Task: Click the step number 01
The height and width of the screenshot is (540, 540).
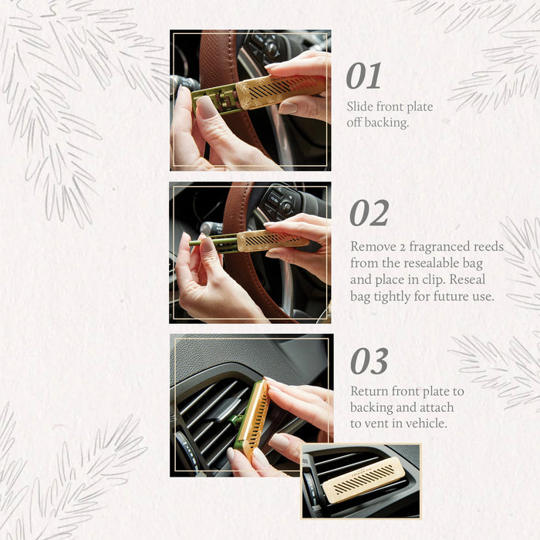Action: (363, 76)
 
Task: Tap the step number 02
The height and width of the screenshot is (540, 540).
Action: (369, 213)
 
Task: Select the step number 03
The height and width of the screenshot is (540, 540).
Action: (369, 361)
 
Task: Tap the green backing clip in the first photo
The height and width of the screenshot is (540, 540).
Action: (213, 98)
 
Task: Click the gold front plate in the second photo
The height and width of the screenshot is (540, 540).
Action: (272, 240)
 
